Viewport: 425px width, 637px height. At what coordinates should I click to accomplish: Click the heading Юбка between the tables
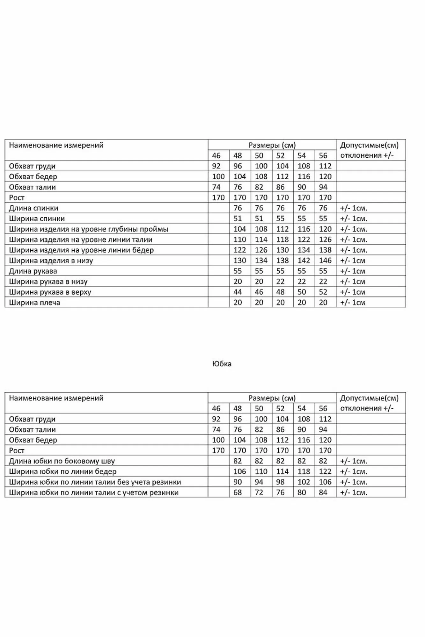[222, 364]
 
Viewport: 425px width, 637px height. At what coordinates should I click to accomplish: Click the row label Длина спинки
[33, 208]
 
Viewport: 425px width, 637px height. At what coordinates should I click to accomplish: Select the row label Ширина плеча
[34, 303]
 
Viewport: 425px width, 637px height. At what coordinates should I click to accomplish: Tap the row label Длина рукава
[33, 271]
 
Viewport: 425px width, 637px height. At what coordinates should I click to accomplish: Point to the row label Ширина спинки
[37, 219]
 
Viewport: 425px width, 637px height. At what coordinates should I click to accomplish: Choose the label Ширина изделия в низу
[51, 261]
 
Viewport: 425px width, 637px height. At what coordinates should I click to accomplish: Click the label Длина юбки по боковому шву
[62, 461]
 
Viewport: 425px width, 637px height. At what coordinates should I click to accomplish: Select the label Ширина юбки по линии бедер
[63, 472]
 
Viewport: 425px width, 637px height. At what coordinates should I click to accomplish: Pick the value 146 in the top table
[325, 261]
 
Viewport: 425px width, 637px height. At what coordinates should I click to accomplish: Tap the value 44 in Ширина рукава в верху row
[238, 292]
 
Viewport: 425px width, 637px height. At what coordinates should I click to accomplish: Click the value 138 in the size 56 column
[325, 250]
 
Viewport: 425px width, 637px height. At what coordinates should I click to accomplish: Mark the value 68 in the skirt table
[238, 493]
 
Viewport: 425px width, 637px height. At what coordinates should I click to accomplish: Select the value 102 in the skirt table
[304, 482]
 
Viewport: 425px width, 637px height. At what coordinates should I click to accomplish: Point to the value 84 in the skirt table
[323, 493]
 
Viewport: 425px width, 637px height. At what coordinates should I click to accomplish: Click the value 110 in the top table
[240, 240]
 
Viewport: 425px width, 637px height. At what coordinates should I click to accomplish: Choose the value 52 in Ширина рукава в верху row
[323, 292]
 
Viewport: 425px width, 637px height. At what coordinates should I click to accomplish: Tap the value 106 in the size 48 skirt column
[240, 472]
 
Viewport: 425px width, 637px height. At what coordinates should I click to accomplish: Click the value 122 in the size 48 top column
[240, 250]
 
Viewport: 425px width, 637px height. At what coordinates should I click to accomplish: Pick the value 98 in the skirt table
[280, 482]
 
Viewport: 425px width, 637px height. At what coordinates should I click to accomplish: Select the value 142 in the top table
[304, 261]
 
